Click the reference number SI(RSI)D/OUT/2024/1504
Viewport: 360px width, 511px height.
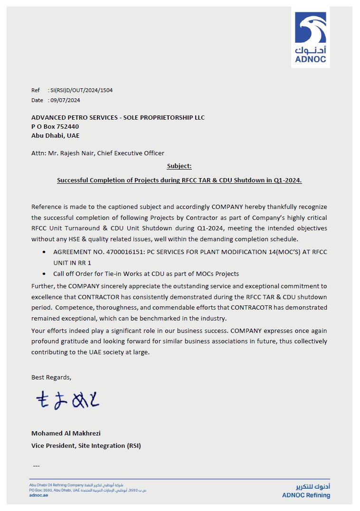[x=81, y=90]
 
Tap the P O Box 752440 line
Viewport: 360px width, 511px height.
[x=55, y=126]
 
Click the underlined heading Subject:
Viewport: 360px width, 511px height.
[x=179, y=166]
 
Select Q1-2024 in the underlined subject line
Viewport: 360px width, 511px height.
[x=287, y=180]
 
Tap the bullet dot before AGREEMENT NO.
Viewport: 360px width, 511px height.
[x=44, y=252]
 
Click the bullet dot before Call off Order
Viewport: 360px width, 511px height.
[x=44, y=274]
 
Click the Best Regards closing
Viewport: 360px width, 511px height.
[x=51, y=377]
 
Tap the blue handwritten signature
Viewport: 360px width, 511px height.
[x=67, y=401]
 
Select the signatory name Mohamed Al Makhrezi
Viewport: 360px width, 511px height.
[x=66, y=433]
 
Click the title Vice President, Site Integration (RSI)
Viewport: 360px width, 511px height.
[x=86, y=445]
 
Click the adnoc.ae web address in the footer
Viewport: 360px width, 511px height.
[x=38, y=495]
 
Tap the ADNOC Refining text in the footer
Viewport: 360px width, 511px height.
[x=306, y=495]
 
